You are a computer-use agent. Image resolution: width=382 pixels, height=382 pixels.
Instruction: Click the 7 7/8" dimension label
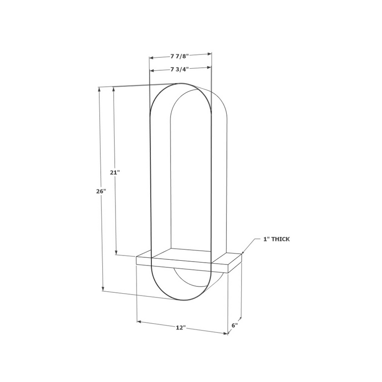pyautogui.click(x=180, y=56)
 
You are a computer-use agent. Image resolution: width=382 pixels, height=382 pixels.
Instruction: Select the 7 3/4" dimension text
pyautogui.click(x=180, y=69)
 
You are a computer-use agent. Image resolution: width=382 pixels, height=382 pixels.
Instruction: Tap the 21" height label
pyautogui.click(x=114, y=173)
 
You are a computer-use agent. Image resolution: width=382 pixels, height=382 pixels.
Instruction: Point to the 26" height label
pyautogui.click(x=101, y=191)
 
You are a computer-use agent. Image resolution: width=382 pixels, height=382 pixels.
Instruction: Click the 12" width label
pyautogui.click(x=180, y=328)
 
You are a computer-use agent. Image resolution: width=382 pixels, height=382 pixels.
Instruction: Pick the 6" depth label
pyautogui.click(x=234, y=325)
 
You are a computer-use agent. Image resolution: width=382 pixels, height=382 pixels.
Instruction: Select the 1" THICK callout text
pyautogui.click(x=276, y=239)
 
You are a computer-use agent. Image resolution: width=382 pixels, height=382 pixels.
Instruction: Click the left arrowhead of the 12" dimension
pyautogui.click(x=139, y=321)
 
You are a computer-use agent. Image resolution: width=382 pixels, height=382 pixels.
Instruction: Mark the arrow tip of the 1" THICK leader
pyautogui.click(x=242, y=254)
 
